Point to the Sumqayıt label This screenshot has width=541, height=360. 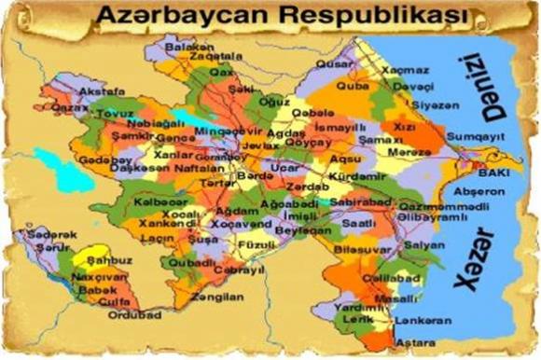pos(474,135)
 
